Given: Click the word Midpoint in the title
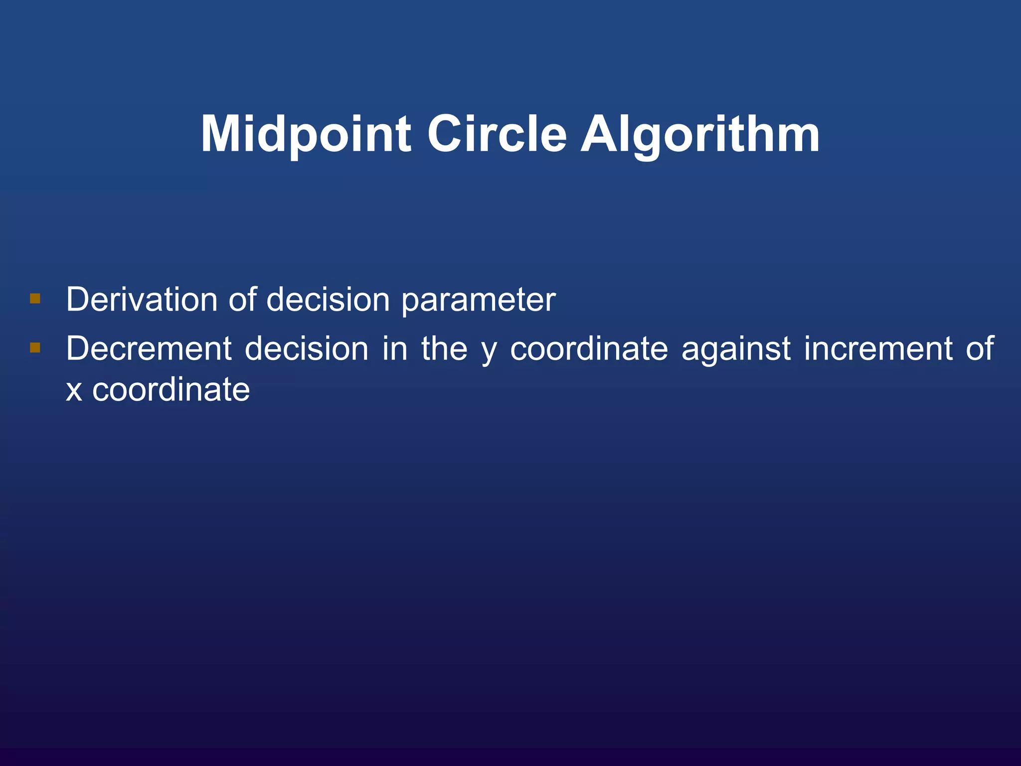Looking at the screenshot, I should [x=306, y=134].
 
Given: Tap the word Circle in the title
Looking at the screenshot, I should [x=497, y=134].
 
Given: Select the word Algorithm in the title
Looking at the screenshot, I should [x=700, y=134].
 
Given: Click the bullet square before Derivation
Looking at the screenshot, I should [x=35, y=299].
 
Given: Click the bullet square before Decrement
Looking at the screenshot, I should [x=35, y=347].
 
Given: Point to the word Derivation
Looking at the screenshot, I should [x=142, y=300].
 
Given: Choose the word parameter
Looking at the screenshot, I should [x=478, y=301].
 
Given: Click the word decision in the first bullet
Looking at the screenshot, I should [x=328, y=300].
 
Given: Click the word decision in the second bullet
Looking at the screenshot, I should [x=307, y=348].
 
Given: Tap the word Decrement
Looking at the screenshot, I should [x=149, y=348].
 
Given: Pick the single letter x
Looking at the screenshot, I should [x=74, y=390].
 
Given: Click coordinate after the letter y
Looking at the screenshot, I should [x=589, y=348].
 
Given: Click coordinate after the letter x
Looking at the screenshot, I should [x=171, y=389].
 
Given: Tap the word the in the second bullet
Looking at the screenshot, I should [x=444, y=348].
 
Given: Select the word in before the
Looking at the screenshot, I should [x=395, y=348].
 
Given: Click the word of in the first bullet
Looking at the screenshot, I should [x=242, y=300].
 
